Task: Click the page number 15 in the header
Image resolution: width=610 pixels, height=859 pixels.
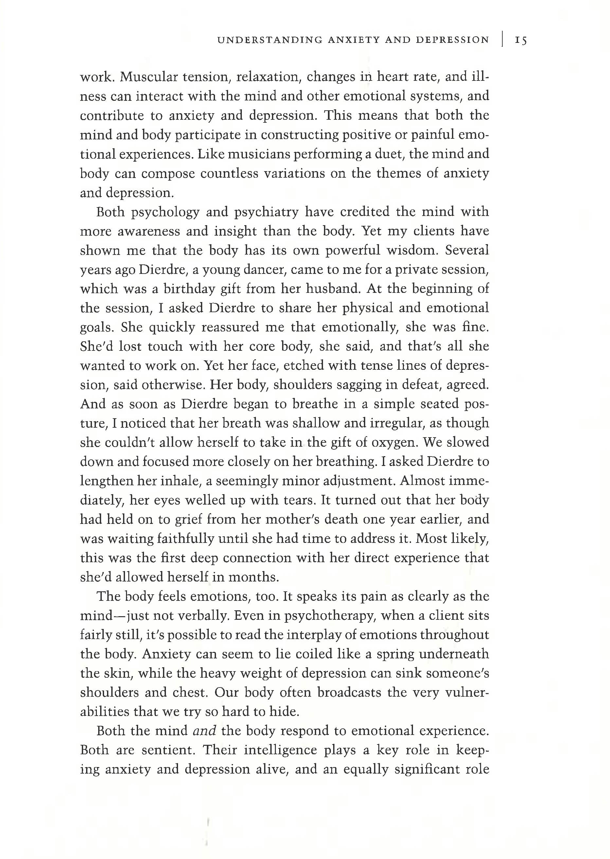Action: tap(521, 40)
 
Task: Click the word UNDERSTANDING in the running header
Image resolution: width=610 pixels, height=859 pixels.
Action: tap(270, 40)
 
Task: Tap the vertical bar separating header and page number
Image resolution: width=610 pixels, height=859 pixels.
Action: tap(502, 40)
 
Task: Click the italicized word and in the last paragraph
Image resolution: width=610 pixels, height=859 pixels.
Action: tap(204, 731)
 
